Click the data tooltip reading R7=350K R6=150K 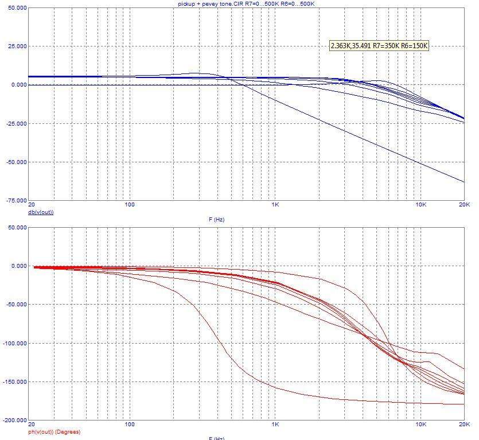(379, 45)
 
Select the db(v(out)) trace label (41, 212)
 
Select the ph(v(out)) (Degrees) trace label (55, 431)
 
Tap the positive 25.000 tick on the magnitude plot (15, 46)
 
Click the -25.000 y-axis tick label (14, 123)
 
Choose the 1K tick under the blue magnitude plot (275, 205)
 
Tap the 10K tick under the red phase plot (421, 425)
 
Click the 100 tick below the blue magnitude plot (129, 205)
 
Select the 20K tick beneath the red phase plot (464, 425)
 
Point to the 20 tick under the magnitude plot (31, 205)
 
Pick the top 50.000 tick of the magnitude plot (15, 8)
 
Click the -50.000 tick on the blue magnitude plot (14, 162)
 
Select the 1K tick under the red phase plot (275, 425)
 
